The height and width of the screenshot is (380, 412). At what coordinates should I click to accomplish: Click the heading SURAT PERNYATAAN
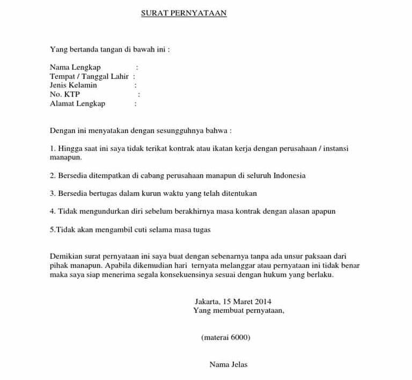click(183, 13)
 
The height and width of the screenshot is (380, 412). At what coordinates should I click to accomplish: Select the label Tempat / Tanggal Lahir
click(89, 76)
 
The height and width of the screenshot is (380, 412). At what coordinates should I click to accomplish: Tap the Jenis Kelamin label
click(73, 85)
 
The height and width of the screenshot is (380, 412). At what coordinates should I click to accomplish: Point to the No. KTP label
click(64, 94)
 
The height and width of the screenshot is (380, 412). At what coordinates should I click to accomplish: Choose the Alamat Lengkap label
click(77, 104)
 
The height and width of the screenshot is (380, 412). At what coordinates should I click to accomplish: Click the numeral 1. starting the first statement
click(53, 148)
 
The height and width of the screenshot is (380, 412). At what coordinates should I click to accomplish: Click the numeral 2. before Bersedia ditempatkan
click(53, 176)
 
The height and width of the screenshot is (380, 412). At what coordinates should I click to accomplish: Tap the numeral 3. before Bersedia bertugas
click(53, 193)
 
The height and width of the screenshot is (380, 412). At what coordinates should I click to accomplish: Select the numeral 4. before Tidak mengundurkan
click(53, 211)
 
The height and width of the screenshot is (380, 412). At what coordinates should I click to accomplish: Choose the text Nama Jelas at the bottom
click(229, 364)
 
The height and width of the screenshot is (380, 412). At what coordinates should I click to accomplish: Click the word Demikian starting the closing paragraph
click(66, 256)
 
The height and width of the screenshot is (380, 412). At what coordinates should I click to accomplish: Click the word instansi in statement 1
click(340, 148)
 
